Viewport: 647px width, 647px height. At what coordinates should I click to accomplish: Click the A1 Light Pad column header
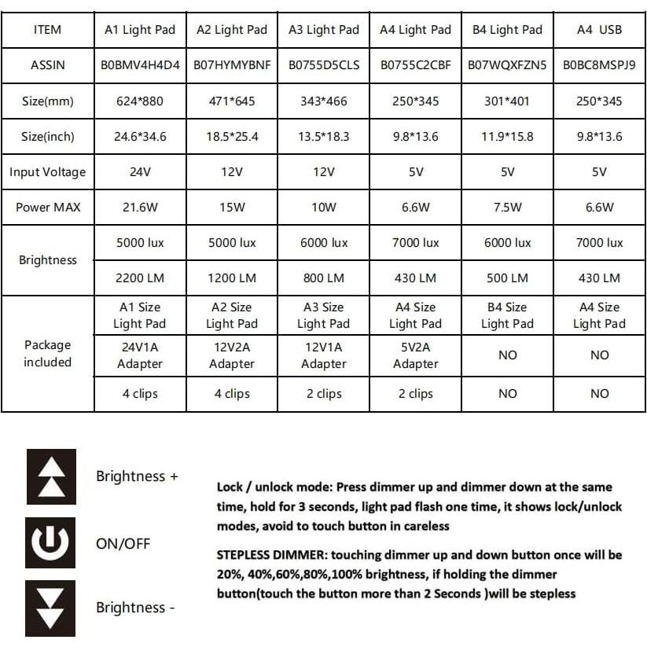pos(141,30)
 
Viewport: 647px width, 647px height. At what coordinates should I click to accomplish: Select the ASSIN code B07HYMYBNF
pos(232,65)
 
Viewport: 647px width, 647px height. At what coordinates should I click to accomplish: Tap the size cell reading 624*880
pos(141,101)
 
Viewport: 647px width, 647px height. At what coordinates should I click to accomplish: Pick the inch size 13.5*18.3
pos(324,137)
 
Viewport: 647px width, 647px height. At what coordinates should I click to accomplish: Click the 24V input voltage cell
pos(141,172)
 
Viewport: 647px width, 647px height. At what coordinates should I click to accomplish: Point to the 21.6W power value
pos(141,208)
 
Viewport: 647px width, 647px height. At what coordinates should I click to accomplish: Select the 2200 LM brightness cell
pos(141,278)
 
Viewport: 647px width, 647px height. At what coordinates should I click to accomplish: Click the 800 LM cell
pos(324,278)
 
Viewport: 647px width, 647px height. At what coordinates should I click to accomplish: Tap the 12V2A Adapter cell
pos(232,355)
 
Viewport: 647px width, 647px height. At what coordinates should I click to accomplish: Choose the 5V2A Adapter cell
pos(416,355)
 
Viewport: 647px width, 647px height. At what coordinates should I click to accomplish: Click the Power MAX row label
pos(48,208)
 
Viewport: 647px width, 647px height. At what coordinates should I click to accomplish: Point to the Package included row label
pos(48,354)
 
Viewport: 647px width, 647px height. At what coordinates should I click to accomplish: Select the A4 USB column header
pos(600,30)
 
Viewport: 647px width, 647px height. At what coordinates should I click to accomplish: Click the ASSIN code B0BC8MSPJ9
pos(600,65)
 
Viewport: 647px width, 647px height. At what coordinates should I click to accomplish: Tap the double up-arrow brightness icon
pos(51,476)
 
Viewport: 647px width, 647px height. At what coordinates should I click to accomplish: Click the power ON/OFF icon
pos(51,542)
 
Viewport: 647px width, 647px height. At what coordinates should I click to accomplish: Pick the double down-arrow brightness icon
pos(51,608)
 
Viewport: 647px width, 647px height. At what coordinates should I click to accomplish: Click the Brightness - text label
pos(135,608)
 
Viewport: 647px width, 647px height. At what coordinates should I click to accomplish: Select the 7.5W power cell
pos(508,208)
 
